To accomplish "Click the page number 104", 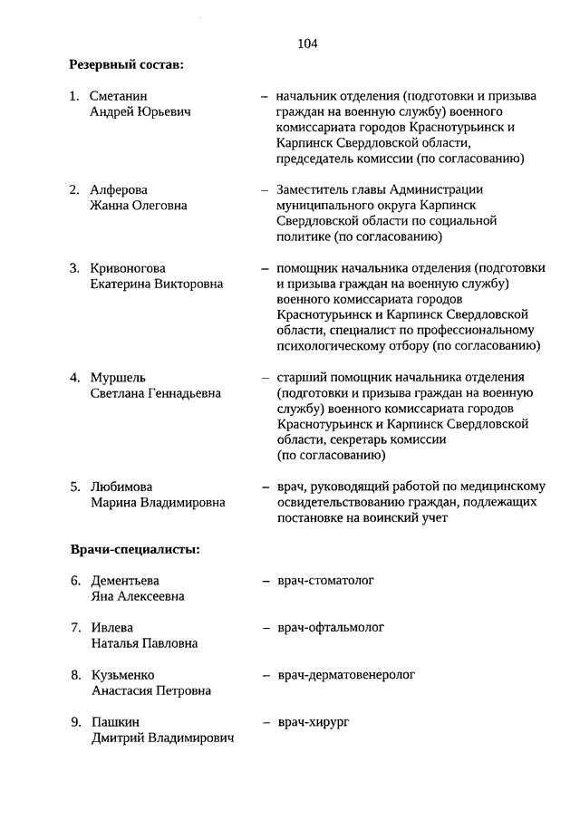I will click(x=307, y=43).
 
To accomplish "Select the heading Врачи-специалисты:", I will click(x=135, y=549).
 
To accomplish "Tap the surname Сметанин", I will click(x=120, y=95).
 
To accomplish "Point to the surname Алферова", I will click(x=119, y=189).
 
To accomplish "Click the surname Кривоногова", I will click(x=128, y=268).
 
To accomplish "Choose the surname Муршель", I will click(x=118, y=378).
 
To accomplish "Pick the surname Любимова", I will click(x=121, y=487).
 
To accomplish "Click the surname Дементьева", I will click(x=125, y=581).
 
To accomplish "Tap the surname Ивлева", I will click(x=112, y=628).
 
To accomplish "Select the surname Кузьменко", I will click(x=122, y=675).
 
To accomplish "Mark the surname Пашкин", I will click(x=114, y=722).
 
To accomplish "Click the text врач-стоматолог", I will click(x=326, y=580).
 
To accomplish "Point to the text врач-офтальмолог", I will click(x=332, y=627).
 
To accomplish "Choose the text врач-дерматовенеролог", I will click(x=346, y=675).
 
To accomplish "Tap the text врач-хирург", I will click(x=314, y=722).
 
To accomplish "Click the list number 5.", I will click(x=76, y=487).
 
